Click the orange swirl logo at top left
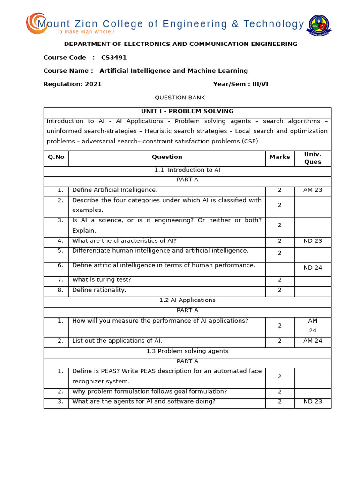click(x=36, y=23)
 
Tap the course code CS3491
click(x=114, y=58)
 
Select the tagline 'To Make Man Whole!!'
click(x=85, y=32)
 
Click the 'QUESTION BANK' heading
click(x=180, y=98)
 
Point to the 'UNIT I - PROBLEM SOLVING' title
click(x=187, y=112)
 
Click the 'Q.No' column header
click(x=56, y=157)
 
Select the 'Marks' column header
click(x=279, y=157)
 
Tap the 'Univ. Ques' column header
click(x=313, y=158)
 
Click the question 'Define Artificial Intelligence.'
click(x=115, y=190)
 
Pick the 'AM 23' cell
click(x=313, y=190)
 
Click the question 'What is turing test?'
click(x=102, y=280)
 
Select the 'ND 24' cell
click(x=313, y=268)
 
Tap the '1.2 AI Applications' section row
click(x=187, y=300)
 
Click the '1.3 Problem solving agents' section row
click(x=187, y=351)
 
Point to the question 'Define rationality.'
click(x=99, y=290)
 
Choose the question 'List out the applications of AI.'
click(x=117, y=341)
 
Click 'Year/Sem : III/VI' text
click(x=240, y=84)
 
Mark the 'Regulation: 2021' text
click(x=72, y=84)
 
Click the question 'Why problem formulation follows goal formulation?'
click(x=143, y=392)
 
